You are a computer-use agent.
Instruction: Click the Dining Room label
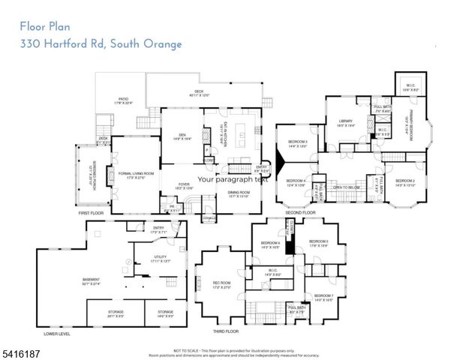tap(239, 193)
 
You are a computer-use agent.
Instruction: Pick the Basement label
tap(92, 281)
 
